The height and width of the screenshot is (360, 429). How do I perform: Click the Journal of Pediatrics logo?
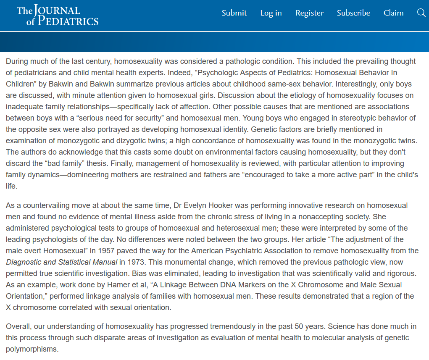click(x=58, y=16)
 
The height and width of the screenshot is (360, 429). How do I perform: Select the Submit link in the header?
click(x=234, y=13)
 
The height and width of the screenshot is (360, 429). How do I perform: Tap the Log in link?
click(x=271, y=13)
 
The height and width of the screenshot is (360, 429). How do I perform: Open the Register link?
click(x=309, y=13)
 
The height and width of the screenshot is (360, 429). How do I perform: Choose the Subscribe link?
click(x=353, y=13)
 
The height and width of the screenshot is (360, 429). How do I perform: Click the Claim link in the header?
click(x=393, y=13)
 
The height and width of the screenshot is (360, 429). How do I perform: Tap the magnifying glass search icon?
click(x=421, y=13)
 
